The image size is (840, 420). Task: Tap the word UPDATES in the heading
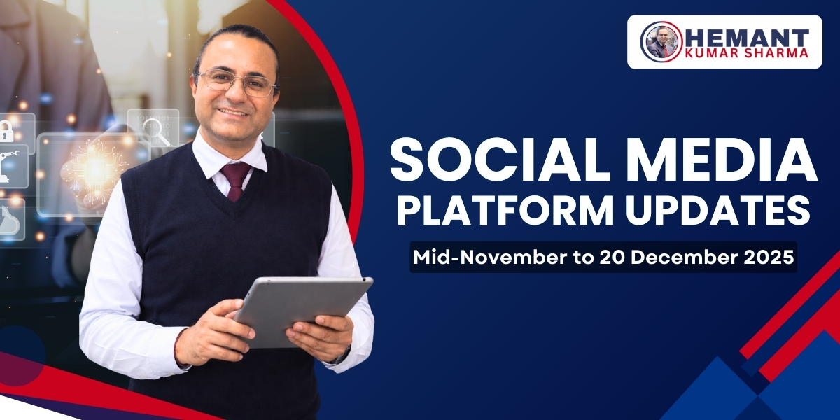pyautogui.click(x=728, y=211)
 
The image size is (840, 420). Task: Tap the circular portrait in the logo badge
pyautogui.click(x=661, y=41)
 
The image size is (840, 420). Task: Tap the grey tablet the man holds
pyautogui.click(x=301, y=308)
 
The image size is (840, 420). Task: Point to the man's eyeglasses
pyautogui.click(x=236, y=83)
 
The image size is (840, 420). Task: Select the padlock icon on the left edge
pyautogui.click(x=6, y=131)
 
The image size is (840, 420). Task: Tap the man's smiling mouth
pyautogui.click(x=234, y=112)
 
